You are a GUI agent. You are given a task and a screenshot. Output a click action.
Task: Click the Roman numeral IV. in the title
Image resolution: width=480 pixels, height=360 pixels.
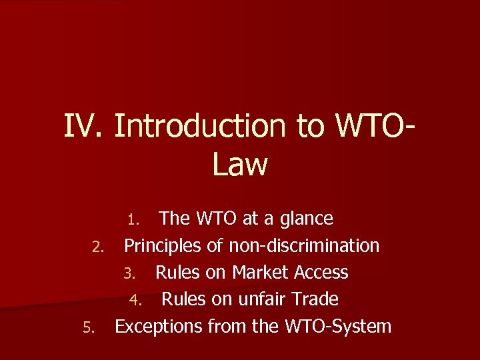pyautogui.click(x=84, y=127)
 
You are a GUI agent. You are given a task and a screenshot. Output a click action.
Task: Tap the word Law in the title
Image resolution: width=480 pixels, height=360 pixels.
pyautogui.click(x=240, y=165)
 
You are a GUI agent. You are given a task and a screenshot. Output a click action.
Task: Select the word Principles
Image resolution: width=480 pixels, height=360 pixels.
pyautogui.click(x=163, y=246)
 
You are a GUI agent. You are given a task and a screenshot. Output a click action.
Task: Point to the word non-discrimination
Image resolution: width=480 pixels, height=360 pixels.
pyautogui.click(x=304, y=246)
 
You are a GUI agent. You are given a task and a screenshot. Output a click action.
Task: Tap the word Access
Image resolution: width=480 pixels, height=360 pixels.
pyautogui.click(x=321, y=273)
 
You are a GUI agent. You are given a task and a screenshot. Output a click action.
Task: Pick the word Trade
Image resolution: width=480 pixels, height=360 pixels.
pyautogui.click(x=315, y=299)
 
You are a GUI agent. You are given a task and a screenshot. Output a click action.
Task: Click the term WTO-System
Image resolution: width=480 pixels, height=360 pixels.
pyautogui.click(x=337, y=327)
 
